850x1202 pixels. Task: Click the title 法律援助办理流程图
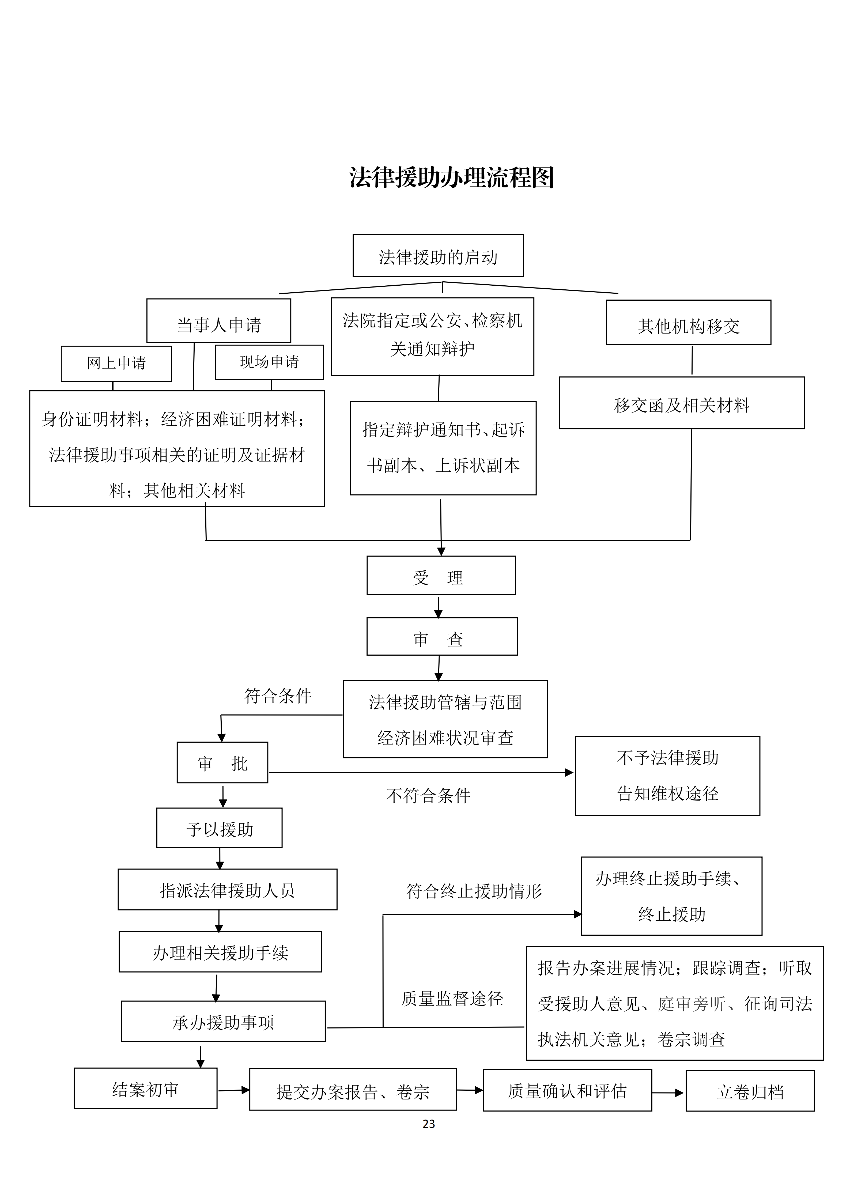click(x=451, y=177)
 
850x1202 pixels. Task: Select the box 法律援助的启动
click(x=438, y=256)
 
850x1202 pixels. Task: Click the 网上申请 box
click(x=116, y=363)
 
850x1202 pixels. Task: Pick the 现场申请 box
click(x=269, y=362)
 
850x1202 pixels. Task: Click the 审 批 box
click(x=222, y=763)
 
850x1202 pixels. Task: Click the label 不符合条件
click(x=428, y=796)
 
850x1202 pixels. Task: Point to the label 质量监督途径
click(x=452, y=998)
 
